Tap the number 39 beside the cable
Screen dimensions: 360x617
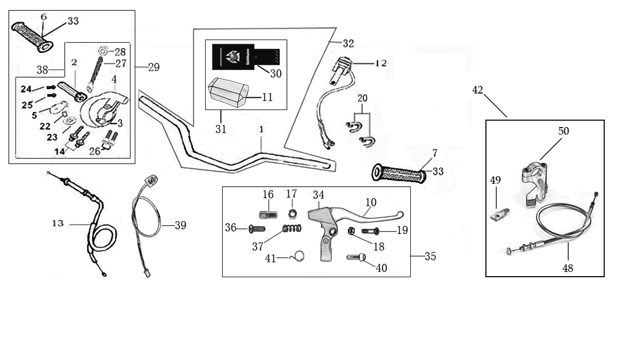(x=180, y=225)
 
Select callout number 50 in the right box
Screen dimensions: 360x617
(x=564, y=131)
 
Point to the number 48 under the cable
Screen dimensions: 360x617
(x=568, y=267)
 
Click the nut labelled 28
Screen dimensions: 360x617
(x=102, y=51)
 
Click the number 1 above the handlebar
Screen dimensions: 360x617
(x=261, y=131)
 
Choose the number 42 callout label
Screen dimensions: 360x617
(x=478, y=90)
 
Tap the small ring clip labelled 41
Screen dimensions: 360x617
(x=299, y=255)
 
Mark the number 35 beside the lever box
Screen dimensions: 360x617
(x=430, y=256)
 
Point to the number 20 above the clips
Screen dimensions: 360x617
(x=362, y=98)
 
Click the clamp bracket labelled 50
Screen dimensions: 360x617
(x=535, y=172)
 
